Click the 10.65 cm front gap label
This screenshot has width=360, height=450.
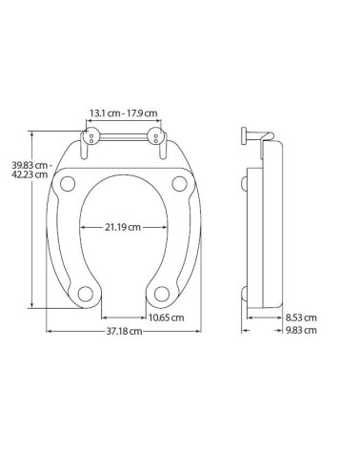click(168, 317)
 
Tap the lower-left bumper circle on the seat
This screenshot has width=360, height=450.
click(84, 293)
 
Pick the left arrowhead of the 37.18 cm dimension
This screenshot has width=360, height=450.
click(50, 331)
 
